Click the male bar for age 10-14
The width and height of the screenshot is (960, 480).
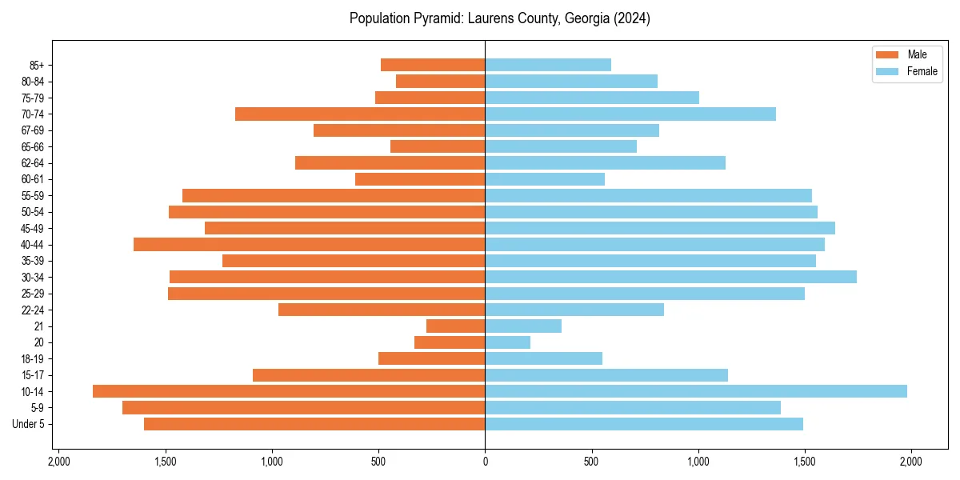click(289, 391)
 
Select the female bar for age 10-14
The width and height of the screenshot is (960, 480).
click(696, 391)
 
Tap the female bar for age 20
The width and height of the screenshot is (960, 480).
click(508, 342)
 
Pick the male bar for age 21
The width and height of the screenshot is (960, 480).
click(456, 326)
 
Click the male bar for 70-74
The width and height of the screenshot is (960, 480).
click(360, 114)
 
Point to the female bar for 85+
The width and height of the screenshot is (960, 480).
click(548, 65)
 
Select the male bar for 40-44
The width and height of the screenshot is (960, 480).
click(310, 244)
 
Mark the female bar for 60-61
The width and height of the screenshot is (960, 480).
click(545, 179)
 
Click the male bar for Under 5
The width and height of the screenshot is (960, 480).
click(314, 424)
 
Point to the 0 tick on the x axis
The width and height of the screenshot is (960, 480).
click(485, 462)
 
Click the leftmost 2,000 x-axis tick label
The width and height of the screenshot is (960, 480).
click(58, 462)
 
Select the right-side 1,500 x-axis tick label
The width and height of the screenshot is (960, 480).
click(805, 462)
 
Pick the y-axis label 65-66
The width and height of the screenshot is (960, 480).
click(33, 146)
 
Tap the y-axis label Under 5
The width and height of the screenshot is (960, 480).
click(29, 424)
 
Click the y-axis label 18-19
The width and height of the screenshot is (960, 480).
click(33, 358)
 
